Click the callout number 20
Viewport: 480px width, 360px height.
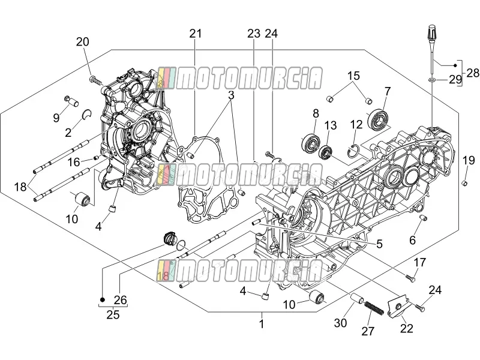tap(82, 41)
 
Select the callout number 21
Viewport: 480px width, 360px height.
tap(196, 34)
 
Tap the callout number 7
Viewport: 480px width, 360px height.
tap(388, 91)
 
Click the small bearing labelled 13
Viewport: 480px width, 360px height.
tap(326, 152)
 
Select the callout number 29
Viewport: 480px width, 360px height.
tap(455, 80)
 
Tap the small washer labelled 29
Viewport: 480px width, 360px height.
tap(431, 80)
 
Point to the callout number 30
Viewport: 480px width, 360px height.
tap(340, 323)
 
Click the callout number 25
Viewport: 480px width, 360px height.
tap(113, 314)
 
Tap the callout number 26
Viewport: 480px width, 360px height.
tap(121, 299)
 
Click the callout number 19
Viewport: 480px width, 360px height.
tap(468, 160)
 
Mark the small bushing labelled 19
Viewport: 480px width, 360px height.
tap(464, 184)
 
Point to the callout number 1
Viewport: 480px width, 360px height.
tap(262, 323)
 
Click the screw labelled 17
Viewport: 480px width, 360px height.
tap(410, 278)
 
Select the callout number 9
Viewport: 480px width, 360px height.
tap(56, 117)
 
